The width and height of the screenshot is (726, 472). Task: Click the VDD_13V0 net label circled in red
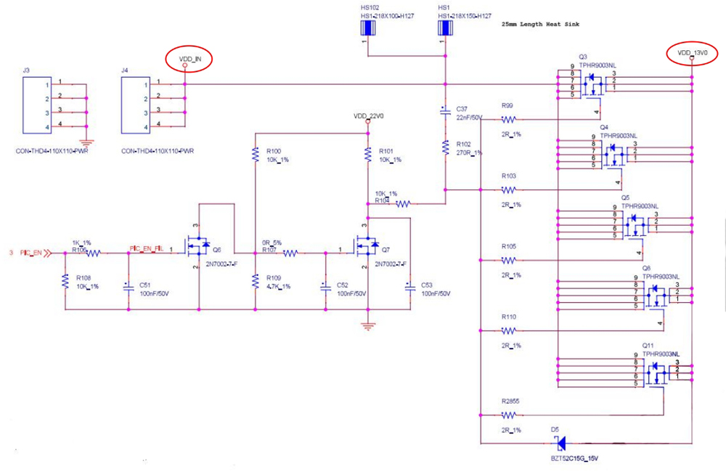(691, 53)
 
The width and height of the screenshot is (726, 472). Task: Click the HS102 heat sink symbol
(368, 28)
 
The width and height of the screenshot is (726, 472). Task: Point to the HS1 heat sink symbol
(445, 28)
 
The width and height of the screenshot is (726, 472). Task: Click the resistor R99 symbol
(508, 120)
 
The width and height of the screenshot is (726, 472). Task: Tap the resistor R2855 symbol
(508, 415)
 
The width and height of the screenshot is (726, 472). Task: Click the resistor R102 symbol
(444, 147)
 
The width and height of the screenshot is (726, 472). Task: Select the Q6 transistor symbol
(198, 248)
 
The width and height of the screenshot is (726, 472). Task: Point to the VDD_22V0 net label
(368, 116)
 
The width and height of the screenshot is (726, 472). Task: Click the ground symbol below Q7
(368, 326)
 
